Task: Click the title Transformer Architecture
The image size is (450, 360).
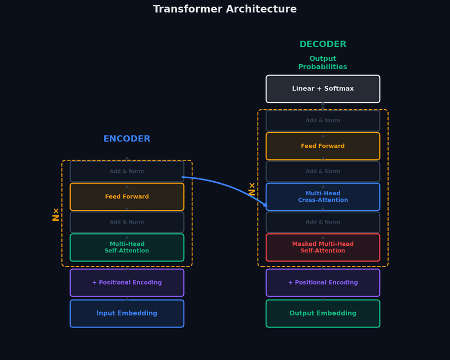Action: click(224, 9)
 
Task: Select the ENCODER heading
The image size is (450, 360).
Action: click(127, 139)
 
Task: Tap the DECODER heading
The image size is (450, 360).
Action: click(322, 44)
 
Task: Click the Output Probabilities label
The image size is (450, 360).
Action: click(322, 63)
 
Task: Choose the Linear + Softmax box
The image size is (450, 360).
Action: click(322, 89)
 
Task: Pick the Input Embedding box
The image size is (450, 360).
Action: click(127, 313)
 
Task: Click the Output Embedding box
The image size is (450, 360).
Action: click(322, 313)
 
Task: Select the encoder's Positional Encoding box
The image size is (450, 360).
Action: click(127, 282)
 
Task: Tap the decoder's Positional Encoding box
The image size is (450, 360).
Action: click(322, 282)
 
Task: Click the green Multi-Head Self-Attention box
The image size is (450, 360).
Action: click(127, 247)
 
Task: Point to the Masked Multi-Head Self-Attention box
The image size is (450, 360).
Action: click(322, 247)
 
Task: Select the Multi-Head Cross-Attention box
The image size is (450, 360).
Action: click(322, 197)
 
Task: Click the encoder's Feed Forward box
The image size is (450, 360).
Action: click(127, 197)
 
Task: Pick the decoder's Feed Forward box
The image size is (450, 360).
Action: click(322, 146)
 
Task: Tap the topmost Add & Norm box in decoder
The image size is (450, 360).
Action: click(322, 121)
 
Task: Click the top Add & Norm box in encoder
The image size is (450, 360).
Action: click(127, 171)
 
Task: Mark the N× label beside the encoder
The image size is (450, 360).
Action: click(55, 214)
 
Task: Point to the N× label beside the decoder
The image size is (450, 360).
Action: click(252, 189)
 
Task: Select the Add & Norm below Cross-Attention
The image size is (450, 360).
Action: click(322, 222)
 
